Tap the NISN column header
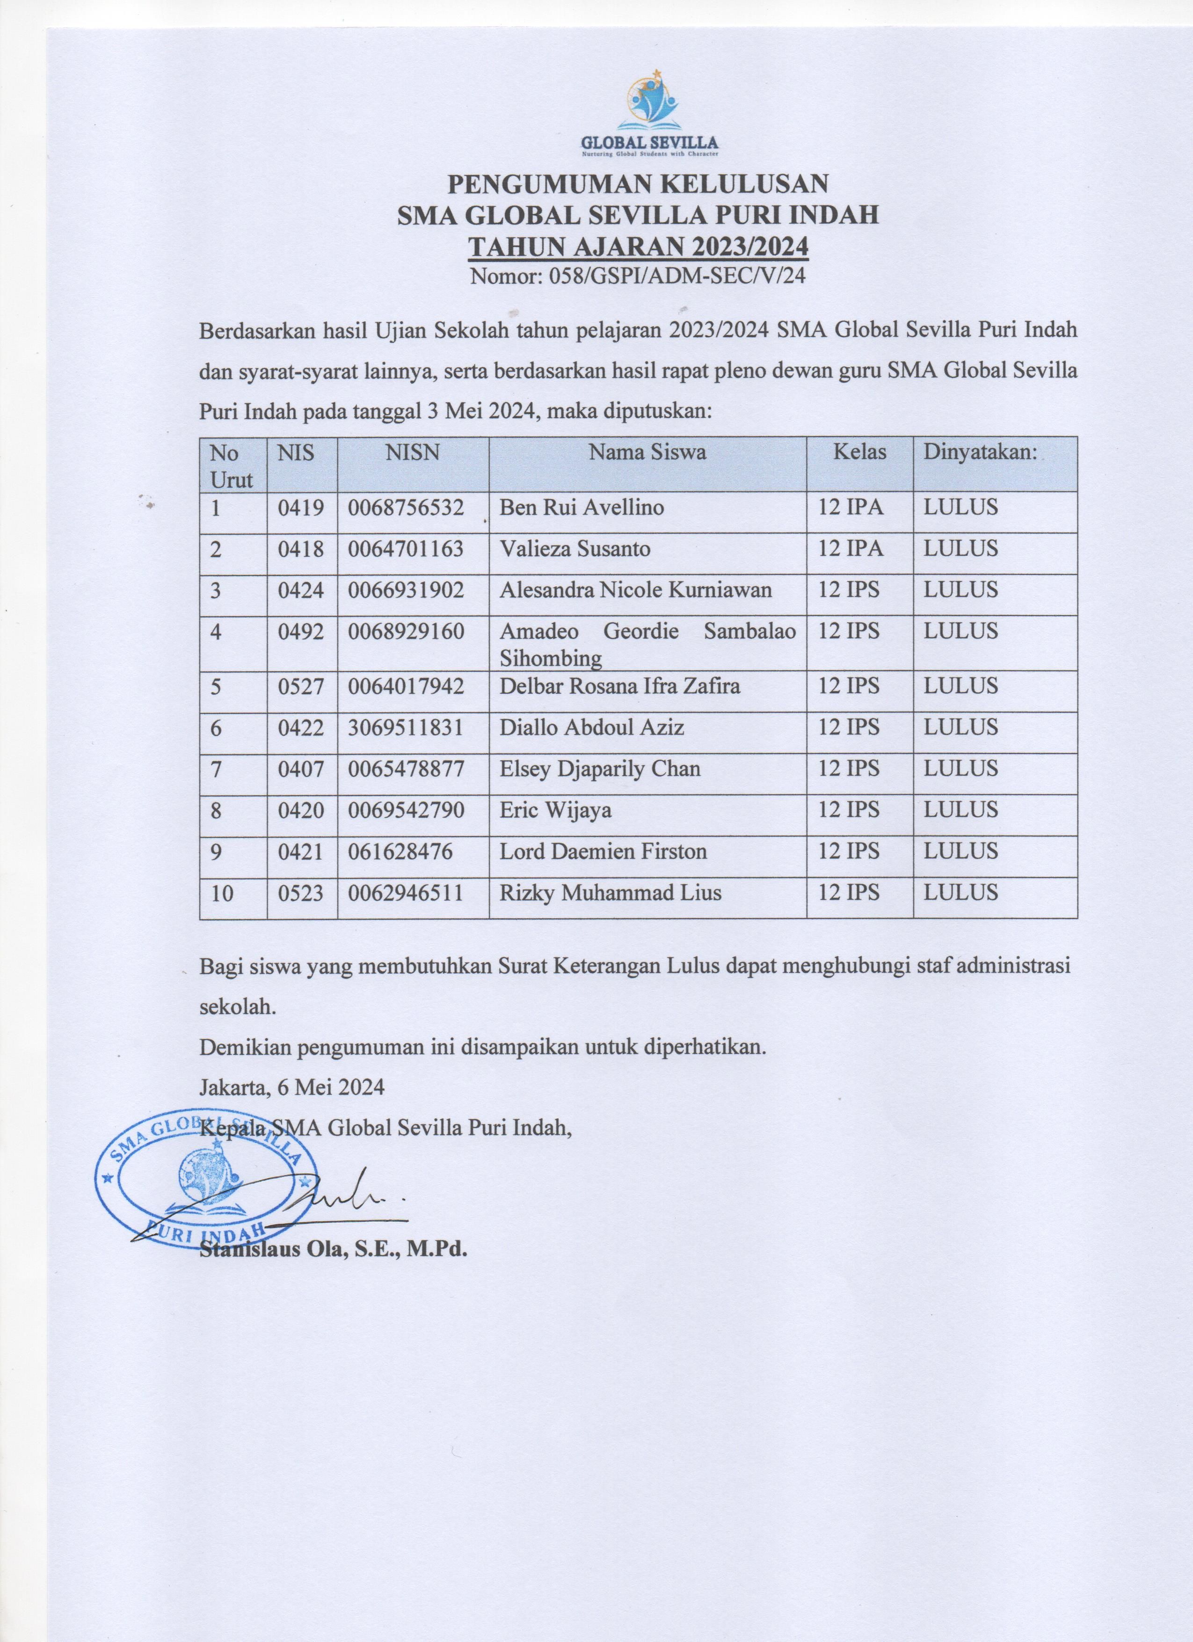pyautogui.click(x=413, y=453)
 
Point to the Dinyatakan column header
pyautogui.click(x=980, y=453)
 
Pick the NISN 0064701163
pyautogui.click(x=406, y=549)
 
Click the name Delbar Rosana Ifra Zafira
pyautogui.click(x=620, y=686)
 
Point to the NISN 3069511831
pyautogui.click(x=406, y=727)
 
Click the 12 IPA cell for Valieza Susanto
pyautogui.click(x=851, y=549)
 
